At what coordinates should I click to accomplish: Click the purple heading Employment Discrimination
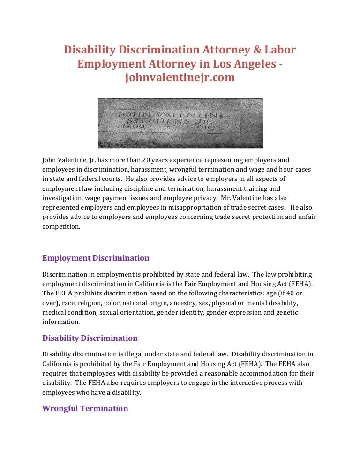[96, 258]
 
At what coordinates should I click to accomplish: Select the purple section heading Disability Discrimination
[90, 338]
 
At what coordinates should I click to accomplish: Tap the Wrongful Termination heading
[85, 408]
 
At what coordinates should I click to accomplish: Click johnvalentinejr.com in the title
[180, 78]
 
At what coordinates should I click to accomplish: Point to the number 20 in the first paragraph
[157, 160]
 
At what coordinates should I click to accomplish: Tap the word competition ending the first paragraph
[61, 226]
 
